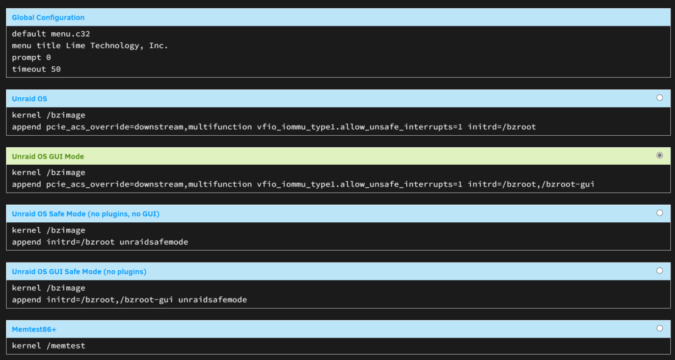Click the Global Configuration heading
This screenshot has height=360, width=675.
tap(48, 18)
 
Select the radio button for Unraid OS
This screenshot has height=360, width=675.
tap(659, 98)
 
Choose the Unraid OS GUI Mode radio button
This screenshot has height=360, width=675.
tap(659, 155)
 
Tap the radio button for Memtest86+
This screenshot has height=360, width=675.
tap(659, 328)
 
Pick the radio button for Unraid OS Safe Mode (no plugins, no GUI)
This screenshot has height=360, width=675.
tap(659, 213)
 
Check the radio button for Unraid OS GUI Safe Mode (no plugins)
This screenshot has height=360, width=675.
tap(659, 271)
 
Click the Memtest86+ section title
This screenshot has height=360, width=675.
tap(34, 330)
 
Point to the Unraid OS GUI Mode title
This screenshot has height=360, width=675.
tap(48, 156)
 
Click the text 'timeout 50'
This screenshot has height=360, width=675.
tap(36, 69)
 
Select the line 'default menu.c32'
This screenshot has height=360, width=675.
tap(51, 34)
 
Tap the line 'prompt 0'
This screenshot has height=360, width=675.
tap(32, 57)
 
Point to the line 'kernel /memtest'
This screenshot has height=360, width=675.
tap(49, 346)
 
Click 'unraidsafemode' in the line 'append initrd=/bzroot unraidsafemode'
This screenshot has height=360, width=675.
tap(154, 242)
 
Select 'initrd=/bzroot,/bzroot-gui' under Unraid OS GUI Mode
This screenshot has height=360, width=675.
tap(531, 184)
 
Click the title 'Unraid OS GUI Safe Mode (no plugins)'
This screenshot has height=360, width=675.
tap(79, 272)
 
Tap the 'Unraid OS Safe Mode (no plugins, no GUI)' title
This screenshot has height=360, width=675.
tap(86, 214)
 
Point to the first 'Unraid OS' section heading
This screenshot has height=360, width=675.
tap(29, 99)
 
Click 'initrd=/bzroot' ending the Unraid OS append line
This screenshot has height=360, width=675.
tap(502, 127)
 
